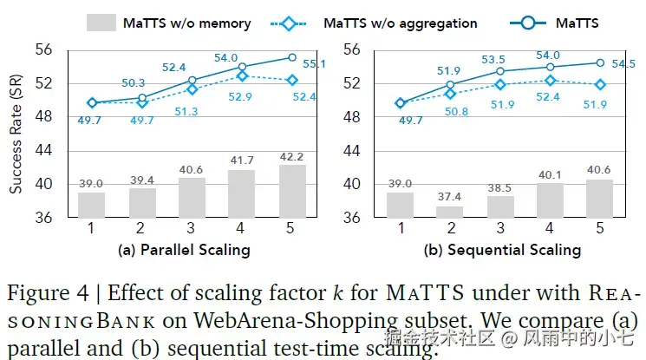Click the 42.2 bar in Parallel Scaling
point(293,192)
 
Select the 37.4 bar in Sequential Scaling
point(449,212)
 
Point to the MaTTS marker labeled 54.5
point(600,62)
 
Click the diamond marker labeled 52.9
point(243,76)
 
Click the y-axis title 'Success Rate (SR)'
point(16,134)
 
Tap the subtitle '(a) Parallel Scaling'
point(185,250)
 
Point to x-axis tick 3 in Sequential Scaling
point(499,228)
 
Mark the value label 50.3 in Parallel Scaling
point(134,83)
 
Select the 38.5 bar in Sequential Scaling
point(499,207)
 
